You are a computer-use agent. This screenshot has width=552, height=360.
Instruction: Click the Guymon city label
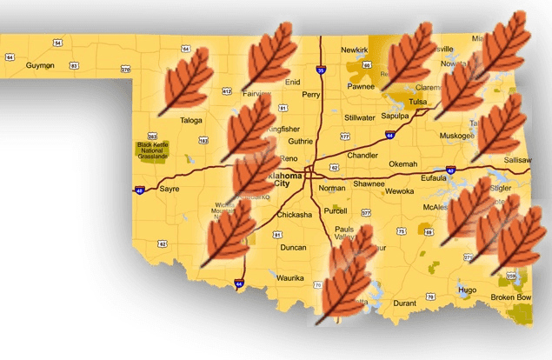pyautogui.click(x=40, y=65)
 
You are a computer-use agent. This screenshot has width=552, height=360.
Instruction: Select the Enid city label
pyautogui.click(x=292, y=82)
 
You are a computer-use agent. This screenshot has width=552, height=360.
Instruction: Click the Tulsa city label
pyautogui.click(x=418, y=102)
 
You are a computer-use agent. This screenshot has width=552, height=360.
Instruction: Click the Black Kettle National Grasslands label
pyautogui.click(x=153, y=151)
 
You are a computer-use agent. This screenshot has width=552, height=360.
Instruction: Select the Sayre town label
pyautogui.click(x=170, y=188)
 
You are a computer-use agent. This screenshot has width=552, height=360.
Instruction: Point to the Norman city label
pyautogui.click(x=331, y=188)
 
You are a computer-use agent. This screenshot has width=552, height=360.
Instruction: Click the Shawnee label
pyautogui.click(x=369, y=183)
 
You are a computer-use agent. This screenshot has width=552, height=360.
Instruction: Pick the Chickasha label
pyautogui.click(x=293, y=214)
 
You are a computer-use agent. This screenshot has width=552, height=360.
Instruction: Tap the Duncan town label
pyautogui.click(x=293, y=247)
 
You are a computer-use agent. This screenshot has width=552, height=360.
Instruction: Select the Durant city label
pyautogui.click(x=405, y=303)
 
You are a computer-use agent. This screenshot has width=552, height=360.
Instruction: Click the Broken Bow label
pyautogui.click(x=510, y=297)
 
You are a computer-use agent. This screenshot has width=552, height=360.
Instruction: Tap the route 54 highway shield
pyautogui.click(x=57, y=43)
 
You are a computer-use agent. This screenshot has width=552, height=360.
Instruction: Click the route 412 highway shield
pyautogui.click(x=226, y=90)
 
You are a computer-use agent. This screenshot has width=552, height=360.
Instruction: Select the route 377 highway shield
pyautogui.click(x=366, y=212)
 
